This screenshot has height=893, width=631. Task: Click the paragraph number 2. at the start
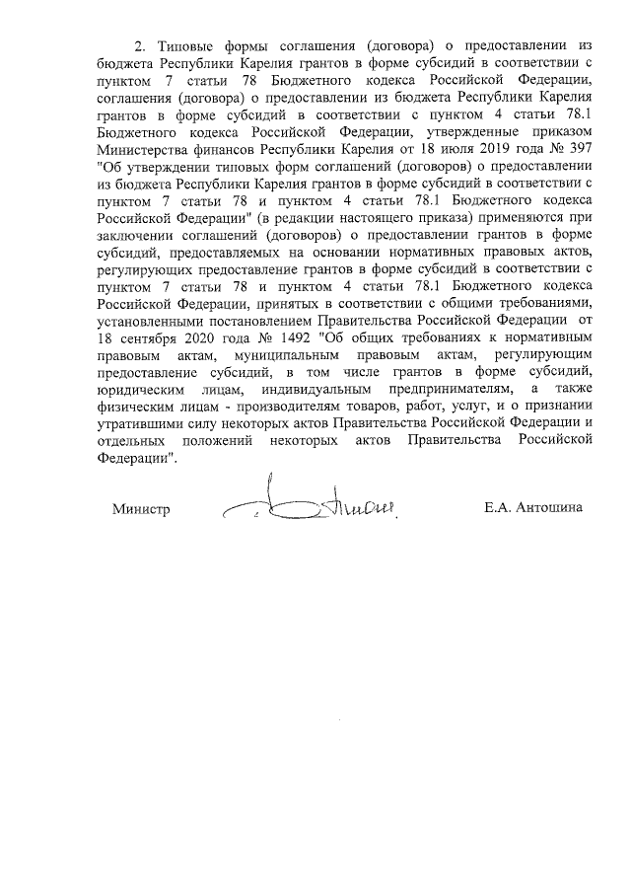139,46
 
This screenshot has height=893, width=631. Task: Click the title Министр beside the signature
141,509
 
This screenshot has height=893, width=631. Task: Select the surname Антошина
552,509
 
